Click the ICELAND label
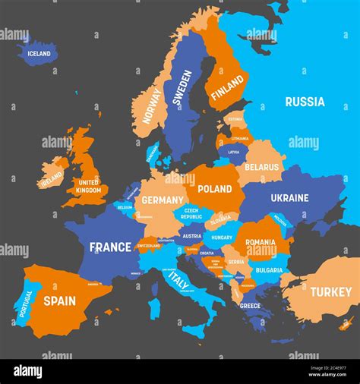39,54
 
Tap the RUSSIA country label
305,102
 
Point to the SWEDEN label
182,87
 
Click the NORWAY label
152,106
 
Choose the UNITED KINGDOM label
88,186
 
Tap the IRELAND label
52,179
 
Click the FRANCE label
110,247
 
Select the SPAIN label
59,301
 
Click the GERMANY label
163,200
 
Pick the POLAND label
215,189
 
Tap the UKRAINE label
289,198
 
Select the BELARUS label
262,167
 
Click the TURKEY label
330,291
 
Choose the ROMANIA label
261,242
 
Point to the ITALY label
179,281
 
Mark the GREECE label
250,306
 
